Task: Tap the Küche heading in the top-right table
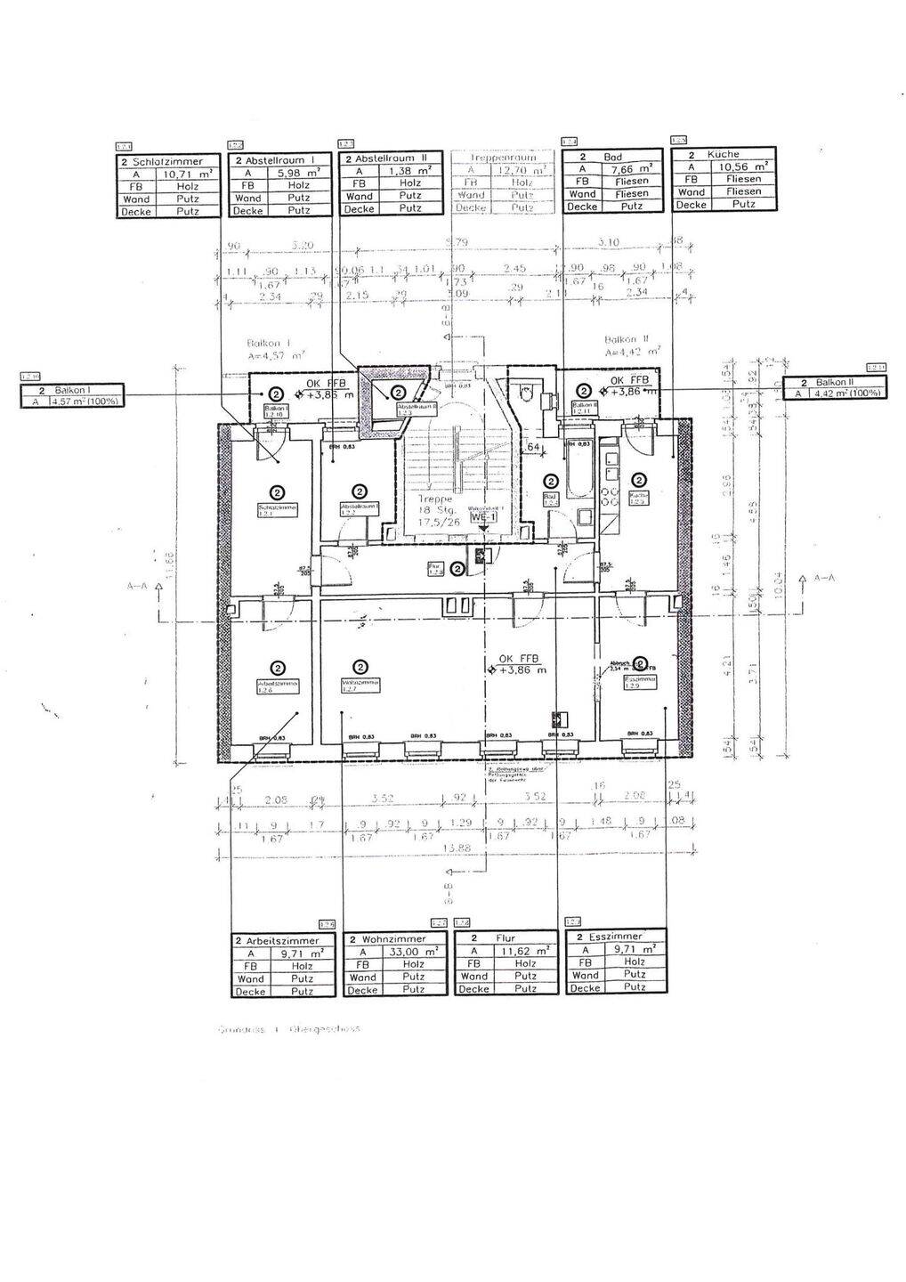point(723,154)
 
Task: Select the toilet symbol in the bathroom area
point(528,389)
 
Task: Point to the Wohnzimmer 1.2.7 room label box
point(360,686)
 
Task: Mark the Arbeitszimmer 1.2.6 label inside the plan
point(277,686)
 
